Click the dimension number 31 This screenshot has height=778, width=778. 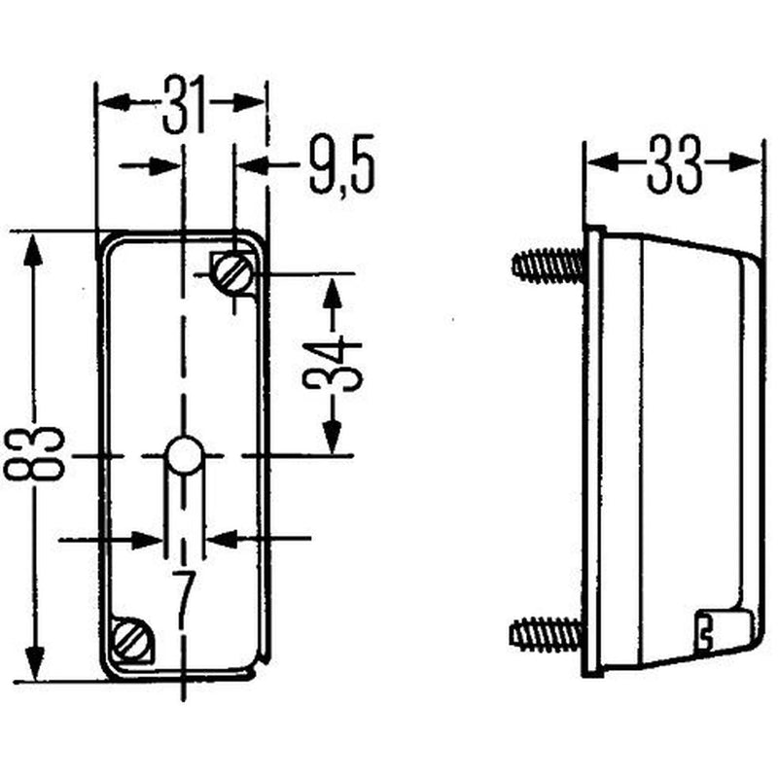point(185,105)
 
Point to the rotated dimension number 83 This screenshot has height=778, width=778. point(34,453)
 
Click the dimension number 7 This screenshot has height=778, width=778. point(185,595)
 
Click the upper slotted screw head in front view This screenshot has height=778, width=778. point(232,273)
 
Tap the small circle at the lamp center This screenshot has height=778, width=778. point(184,455)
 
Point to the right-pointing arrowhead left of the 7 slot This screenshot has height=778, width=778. point(148,540)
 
